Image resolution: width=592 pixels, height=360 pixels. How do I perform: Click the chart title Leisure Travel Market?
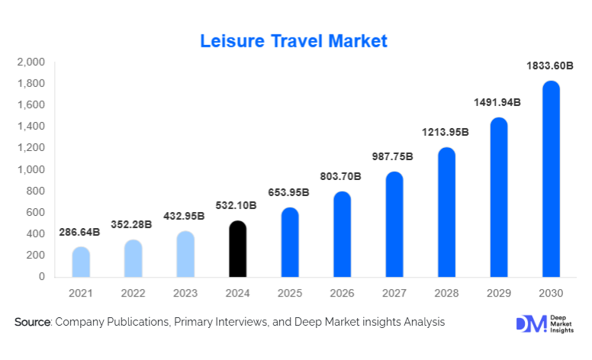tap(294, 41)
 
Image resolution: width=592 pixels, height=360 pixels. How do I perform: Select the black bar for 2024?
tap(237, 249)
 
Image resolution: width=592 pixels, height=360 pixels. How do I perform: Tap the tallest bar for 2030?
tap(551, 179)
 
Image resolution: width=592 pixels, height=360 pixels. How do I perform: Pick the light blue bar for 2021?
tap(81, 262)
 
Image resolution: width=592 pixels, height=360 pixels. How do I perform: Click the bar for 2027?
tap(394, 224)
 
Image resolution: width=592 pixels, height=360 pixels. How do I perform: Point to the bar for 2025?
tap(290, 243)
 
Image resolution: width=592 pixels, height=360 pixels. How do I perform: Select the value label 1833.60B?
tap(550, 66)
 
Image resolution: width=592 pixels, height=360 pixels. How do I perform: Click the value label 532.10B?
tap(237, 205)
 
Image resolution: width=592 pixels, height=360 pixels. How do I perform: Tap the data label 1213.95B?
tap(446, 133)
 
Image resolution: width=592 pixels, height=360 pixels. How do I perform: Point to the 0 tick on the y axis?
tap(41, 277)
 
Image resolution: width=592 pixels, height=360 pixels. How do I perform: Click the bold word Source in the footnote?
tap(32, 323)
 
